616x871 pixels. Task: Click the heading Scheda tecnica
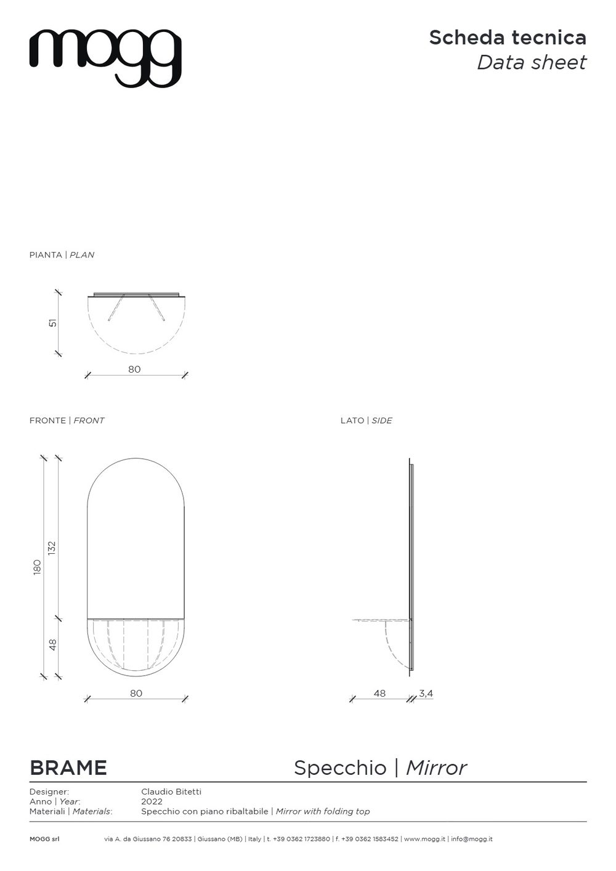[508, 38]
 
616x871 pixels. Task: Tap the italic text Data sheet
[532, 62]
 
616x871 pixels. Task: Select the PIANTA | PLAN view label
[62, 254]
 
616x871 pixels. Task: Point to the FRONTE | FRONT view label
[67, 420]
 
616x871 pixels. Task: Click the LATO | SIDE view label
[367, 420]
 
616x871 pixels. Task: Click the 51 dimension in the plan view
[53, 323]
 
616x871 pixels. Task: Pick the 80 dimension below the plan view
[134, 369]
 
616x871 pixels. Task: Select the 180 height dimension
[38, 567]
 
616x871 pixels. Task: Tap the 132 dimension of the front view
[52, 548]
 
